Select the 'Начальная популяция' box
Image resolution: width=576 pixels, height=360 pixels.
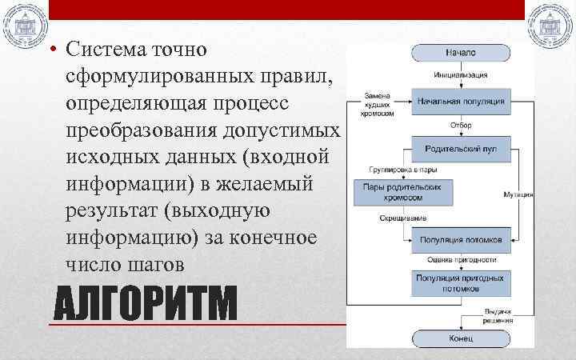point(460,102)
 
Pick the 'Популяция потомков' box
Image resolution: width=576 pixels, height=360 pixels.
point(460,239)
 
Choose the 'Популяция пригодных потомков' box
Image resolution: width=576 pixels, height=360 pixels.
point(460,282)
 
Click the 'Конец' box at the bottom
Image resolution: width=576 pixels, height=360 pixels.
point(460,338)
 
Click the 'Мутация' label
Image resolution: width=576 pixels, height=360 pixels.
point(518,194)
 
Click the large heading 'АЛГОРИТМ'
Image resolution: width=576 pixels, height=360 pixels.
point(145,305)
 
